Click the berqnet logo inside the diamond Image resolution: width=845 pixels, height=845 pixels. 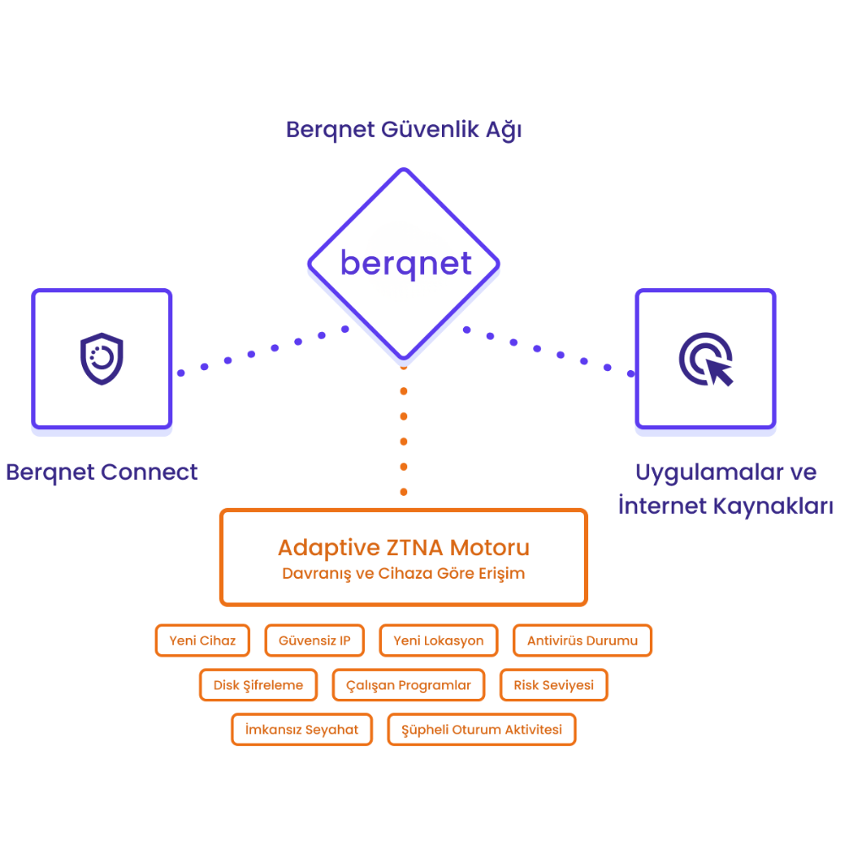(x=406, y=264)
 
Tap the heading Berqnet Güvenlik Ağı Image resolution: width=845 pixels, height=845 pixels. (x=404, y=130)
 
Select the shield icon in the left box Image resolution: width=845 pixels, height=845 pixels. (x=101, y=358)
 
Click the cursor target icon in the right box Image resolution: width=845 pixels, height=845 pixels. (x=706, y=359)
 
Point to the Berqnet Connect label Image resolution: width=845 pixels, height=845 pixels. (x=101, y=472)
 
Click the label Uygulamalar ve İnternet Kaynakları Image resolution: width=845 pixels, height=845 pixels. (x=725, y=488)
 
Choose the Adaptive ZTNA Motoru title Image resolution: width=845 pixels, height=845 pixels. (x=403, y=547)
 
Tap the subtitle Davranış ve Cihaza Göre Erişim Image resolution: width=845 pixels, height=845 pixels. (x=403, y=574)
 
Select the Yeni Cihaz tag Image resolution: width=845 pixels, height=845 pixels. (x=203, y=641)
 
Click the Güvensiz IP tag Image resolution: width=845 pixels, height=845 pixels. (x=314, y=641)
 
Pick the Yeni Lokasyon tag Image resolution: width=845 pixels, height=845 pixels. (x=439, y=641)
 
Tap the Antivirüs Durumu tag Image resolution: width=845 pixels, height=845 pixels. (x=582, y=641)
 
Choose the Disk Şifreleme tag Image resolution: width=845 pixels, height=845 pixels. (x=259, y=685)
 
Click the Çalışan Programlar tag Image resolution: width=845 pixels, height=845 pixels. (x=409, y=685)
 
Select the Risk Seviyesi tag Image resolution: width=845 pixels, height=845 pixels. (x=554, y=685)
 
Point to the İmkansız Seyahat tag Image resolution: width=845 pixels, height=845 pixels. (x=302, y=729)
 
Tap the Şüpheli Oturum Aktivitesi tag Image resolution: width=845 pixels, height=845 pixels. (x=482, y=729)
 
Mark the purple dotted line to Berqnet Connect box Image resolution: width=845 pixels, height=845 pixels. (x=251, y=354)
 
